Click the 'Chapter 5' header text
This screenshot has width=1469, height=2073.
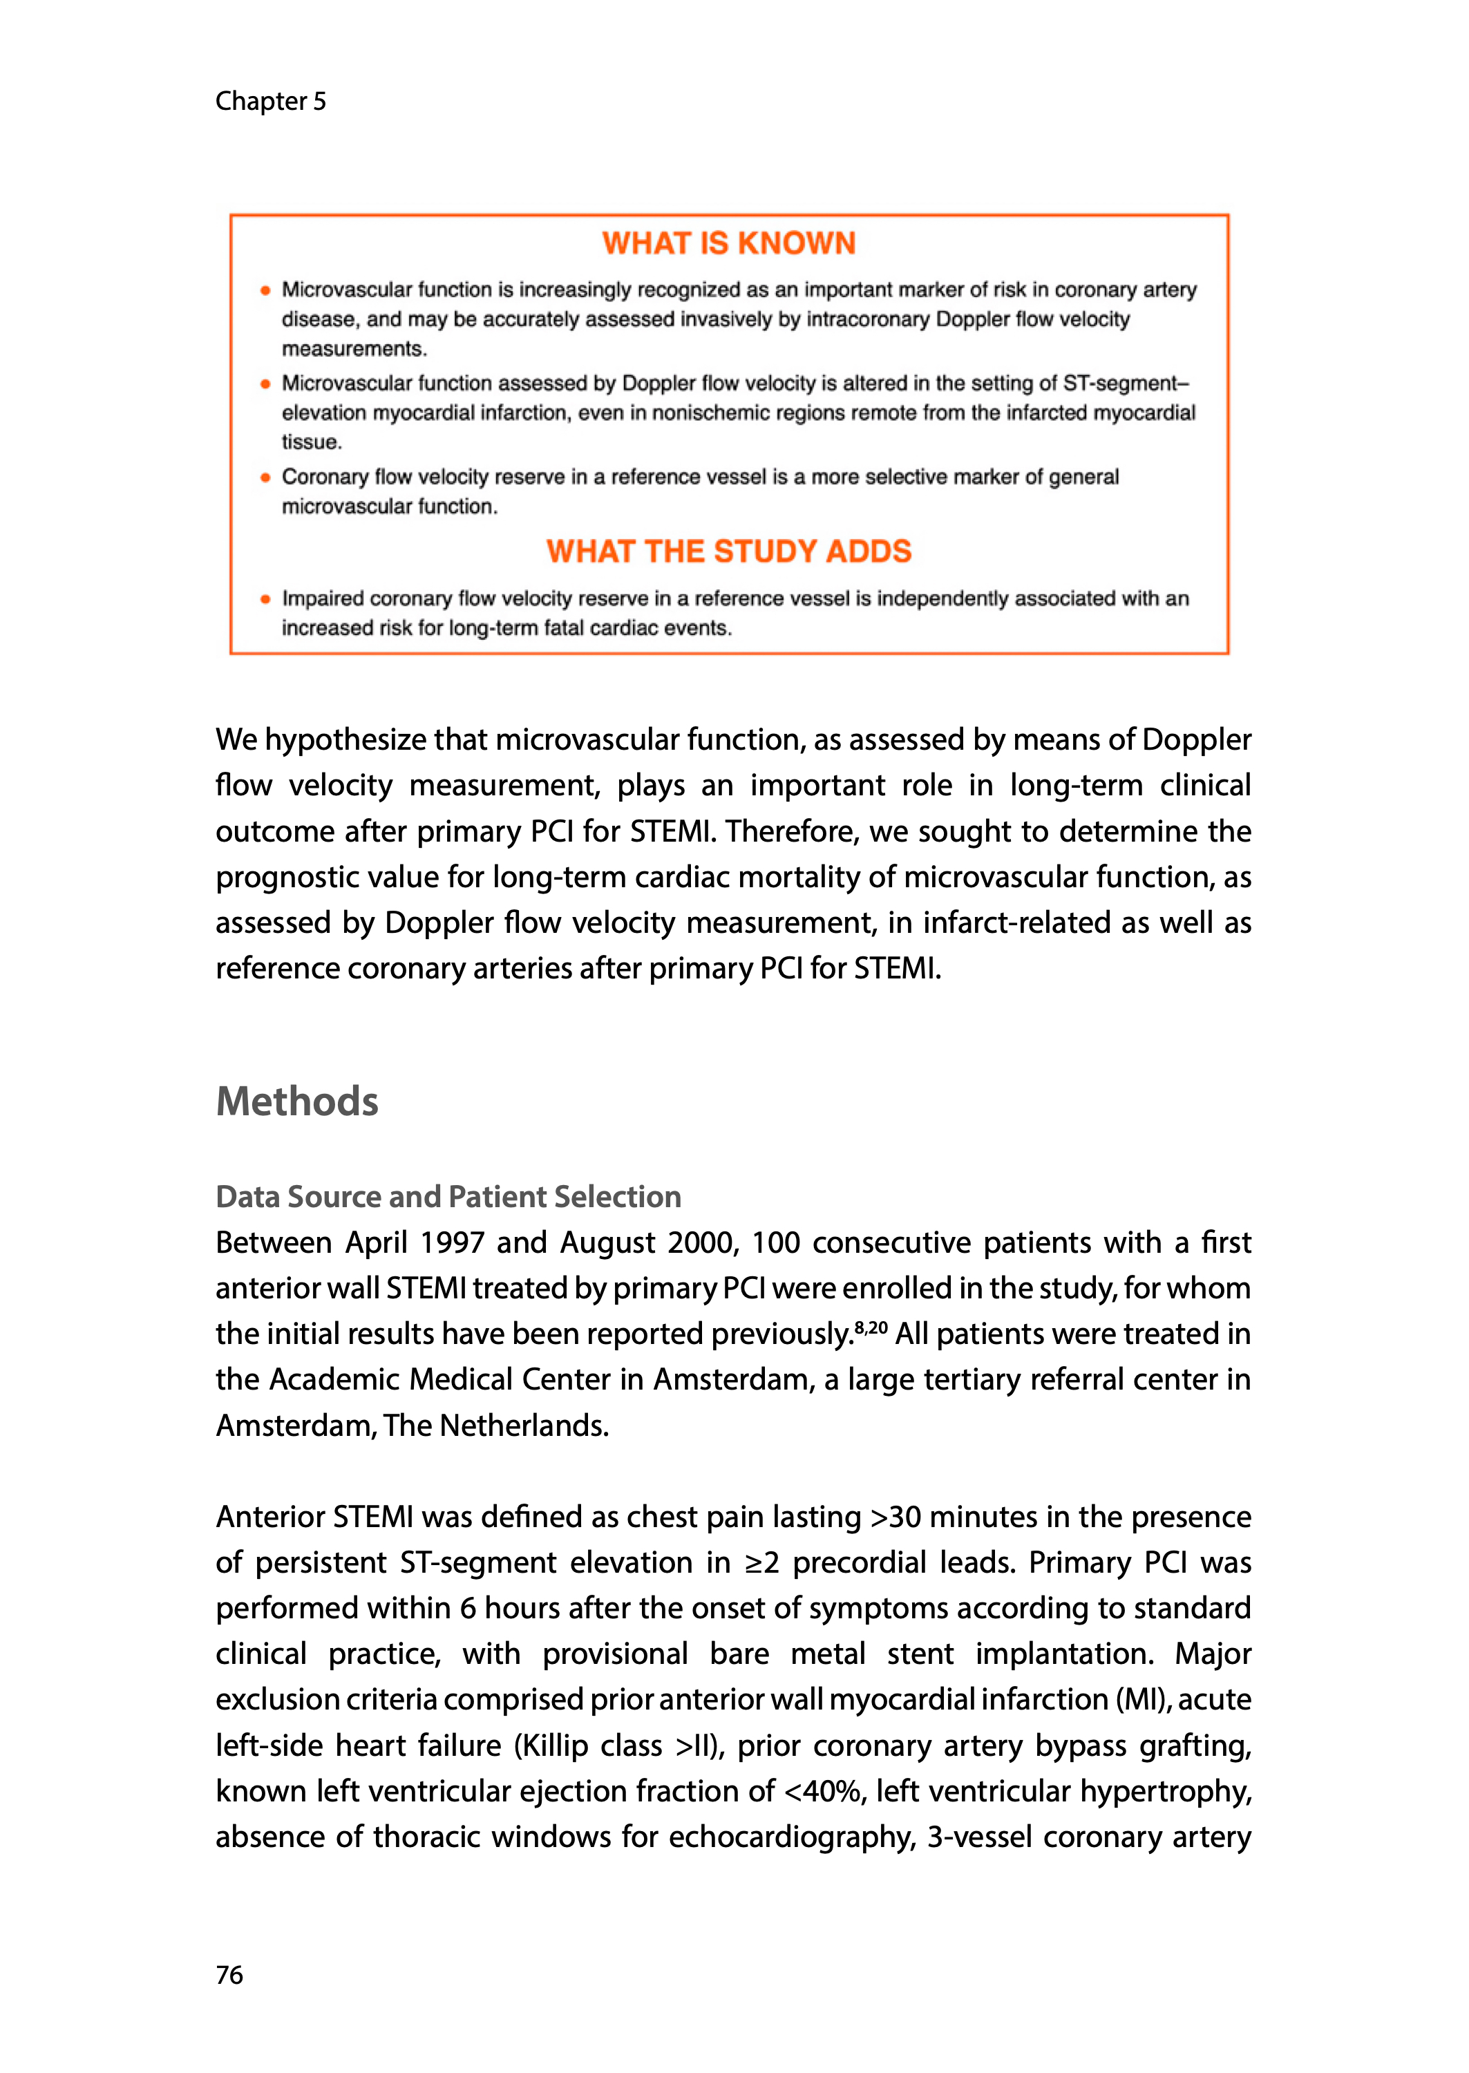pyautogui.click(x=270, y=102)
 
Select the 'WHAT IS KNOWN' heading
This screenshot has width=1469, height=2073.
pyautogui.click(x=729, y=243)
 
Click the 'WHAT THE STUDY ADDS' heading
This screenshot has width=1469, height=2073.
pyautogui.click(x=729, y=551)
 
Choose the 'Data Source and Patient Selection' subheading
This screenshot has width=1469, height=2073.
pyautogui.click(x=448, y=1197)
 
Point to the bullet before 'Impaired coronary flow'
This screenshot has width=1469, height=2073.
pyautogui.click(x=265, y=598)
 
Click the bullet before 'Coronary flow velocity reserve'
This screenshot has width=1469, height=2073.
pyautogui.click(x=265, y=477)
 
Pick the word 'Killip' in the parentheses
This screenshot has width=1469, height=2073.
pyautogui.click(x=554, y=1745)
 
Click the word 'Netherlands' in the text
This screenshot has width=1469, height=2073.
pyautogui.click(x=524, y=1426)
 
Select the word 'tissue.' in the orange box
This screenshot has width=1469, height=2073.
pyautogui.click(x=311, y=442)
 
